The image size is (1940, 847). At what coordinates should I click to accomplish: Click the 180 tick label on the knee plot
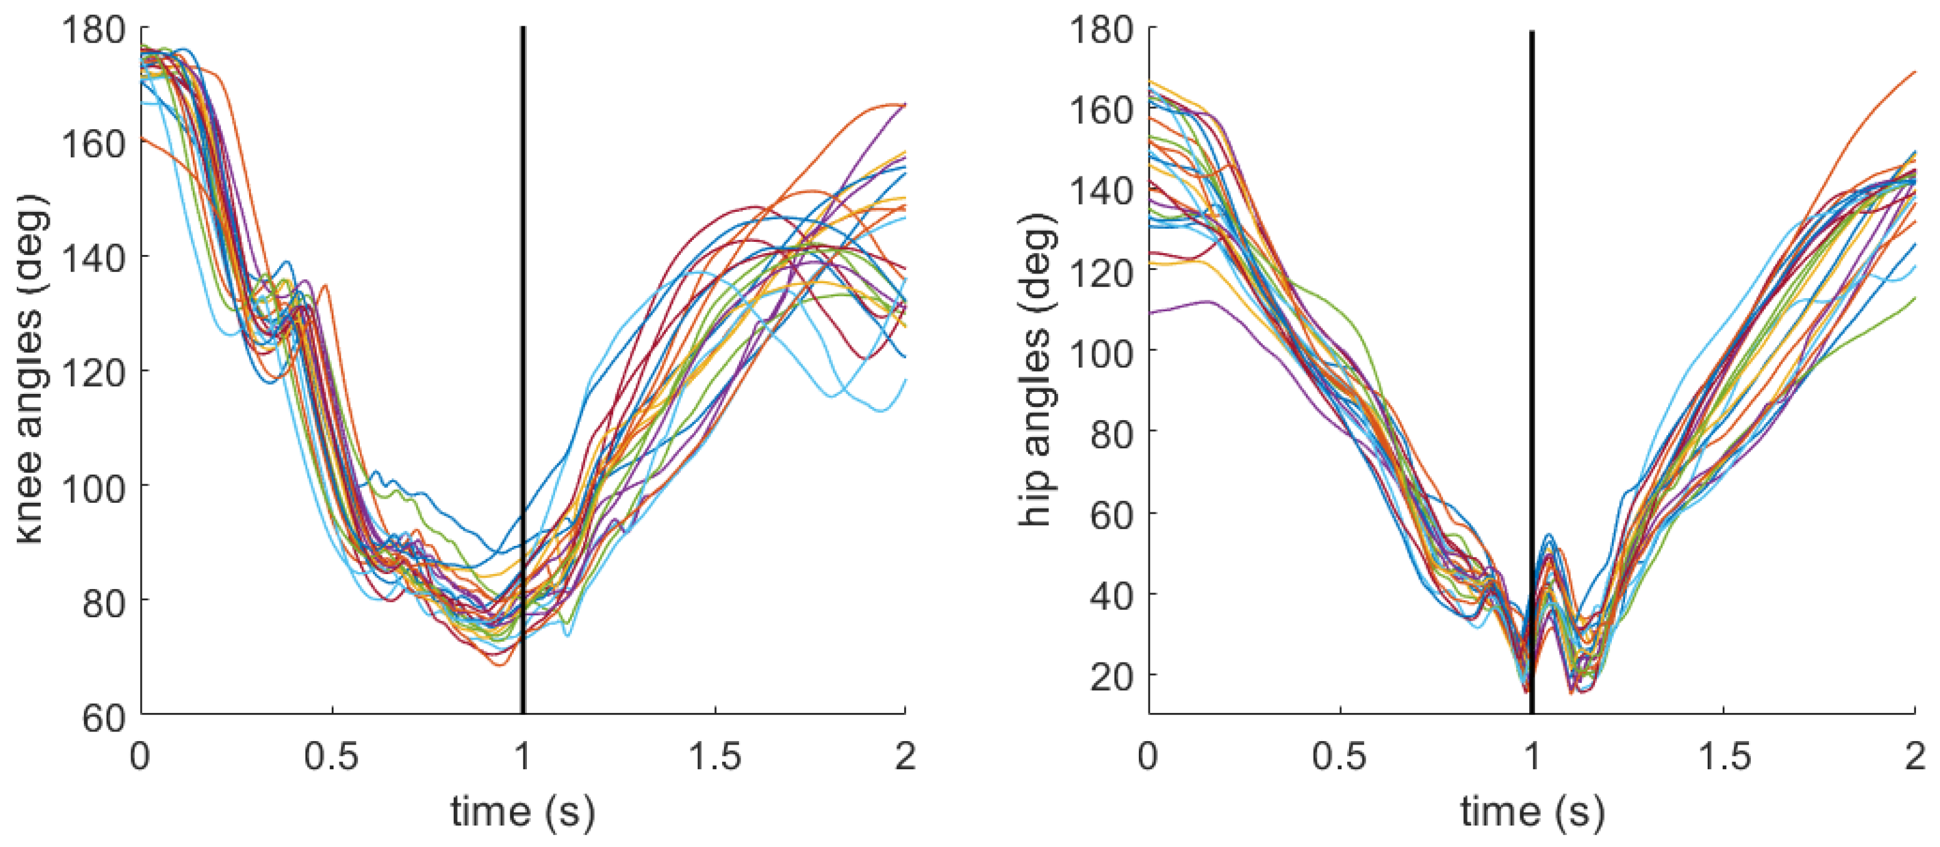(x=93, y=32)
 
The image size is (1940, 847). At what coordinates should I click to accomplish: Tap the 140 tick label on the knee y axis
(x=93, y=260)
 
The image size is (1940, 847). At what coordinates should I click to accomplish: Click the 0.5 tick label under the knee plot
(x=332, y=755)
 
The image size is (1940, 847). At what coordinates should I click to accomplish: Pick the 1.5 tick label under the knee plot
(x=715, y=755)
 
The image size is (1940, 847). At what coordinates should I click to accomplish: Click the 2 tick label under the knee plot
(x=905, y=755)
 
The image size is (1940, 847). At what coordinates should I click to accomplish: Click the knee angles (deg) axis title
(x=31, y=369)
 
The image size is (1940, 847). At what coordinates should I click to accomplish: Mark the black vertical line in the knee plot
(x=523, y=370)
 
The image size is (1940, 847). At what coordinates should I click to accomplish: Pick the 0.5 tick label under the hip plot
(x=1341, y=755)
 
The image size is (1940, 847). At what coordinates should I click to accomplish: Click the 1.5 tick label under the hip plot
(x=1724, y=755)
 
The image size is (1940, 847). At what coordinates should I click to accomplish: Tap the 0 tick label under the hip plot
(x=1148, y=755)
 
